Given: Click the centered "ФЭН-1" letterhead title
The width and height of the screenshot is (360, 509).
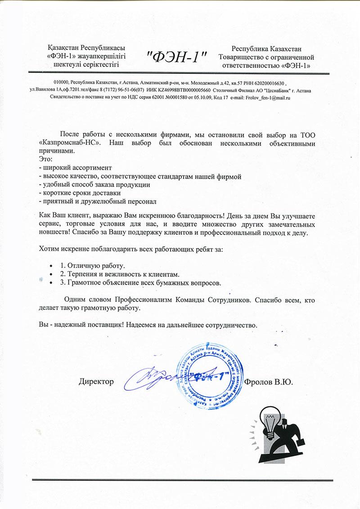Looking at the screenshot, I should click(177, 57).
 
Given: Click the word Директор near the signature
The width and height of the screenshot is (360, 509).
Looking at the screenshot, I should click(97, 382).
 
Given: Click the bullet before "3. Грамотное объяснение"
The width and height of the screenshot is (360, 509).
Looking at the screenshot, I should click(52, 283).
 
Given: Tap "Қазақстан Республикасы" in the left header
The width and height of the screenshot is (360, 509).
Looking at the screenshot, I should click(86, 49).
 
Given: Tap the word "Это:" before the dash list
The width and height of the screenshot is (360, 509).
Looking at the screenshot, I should click(45, 160).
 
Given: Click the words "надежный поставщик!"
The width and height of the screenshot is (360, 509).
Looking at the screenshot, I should click(84, 324).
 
